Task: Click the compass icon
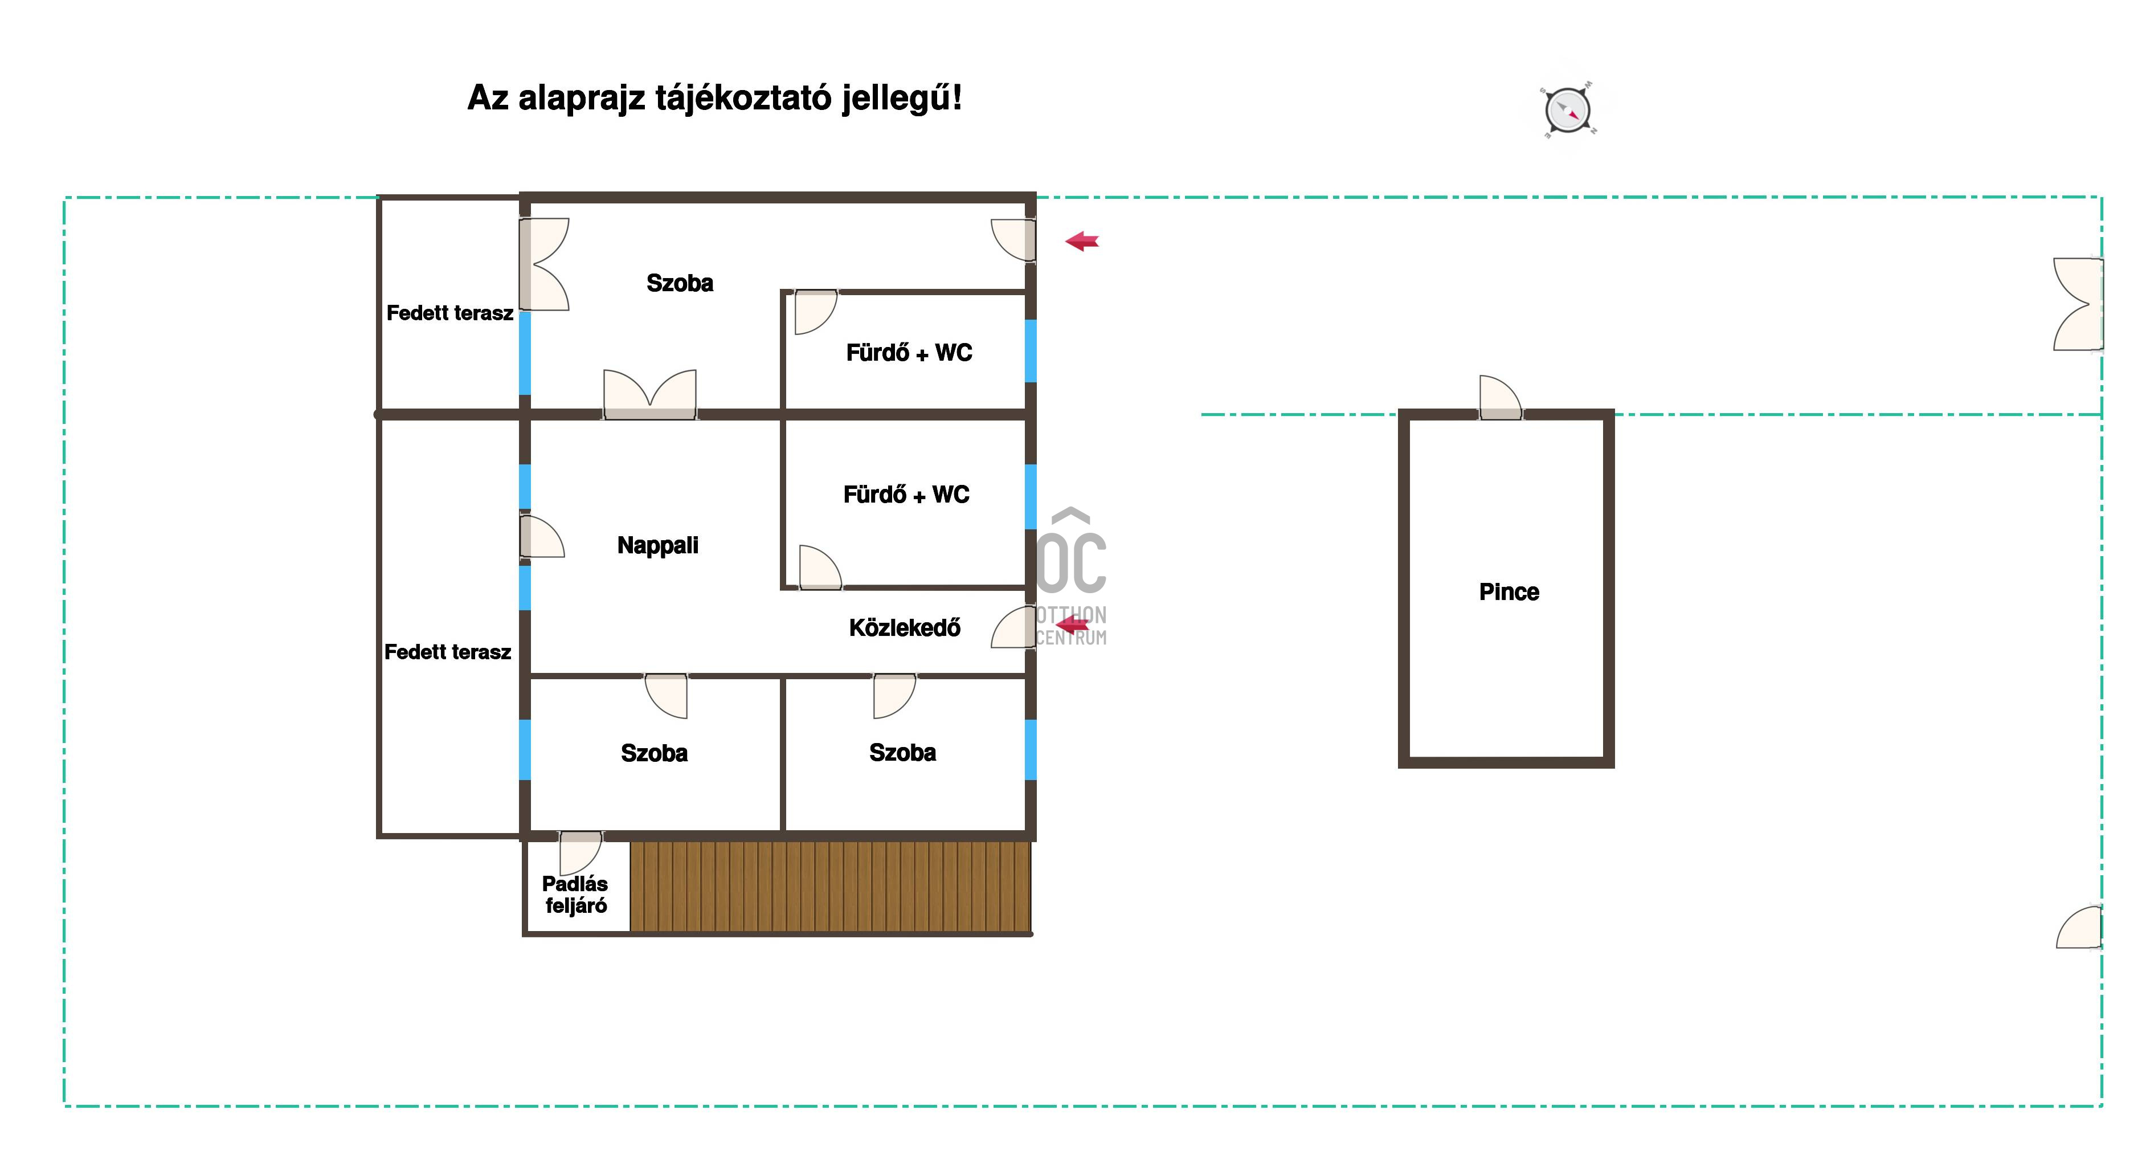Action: (x=1567, y=111)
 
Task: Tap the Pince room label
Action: (x=1509, y=592)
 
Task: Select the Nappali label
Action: (x=658, y=545)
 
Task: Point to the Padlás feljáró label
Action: (x=575, y=895)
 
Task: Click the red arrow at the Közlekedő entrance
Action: (x=1072, y=624)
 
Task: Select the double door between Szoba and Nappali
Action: (x=649, y=394)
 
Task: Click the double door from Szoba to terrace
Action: (x=544, y=264)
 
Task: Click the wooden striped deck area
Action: (x=830, y=887)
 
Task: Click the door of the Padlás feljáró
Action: (x=581, y=852)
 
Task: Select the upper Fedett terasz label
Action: (x=450, y=313)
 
